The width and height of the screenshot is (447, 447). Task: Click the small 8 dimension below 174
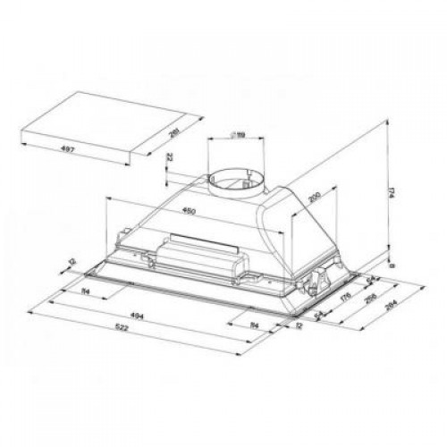pos(392,266)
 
